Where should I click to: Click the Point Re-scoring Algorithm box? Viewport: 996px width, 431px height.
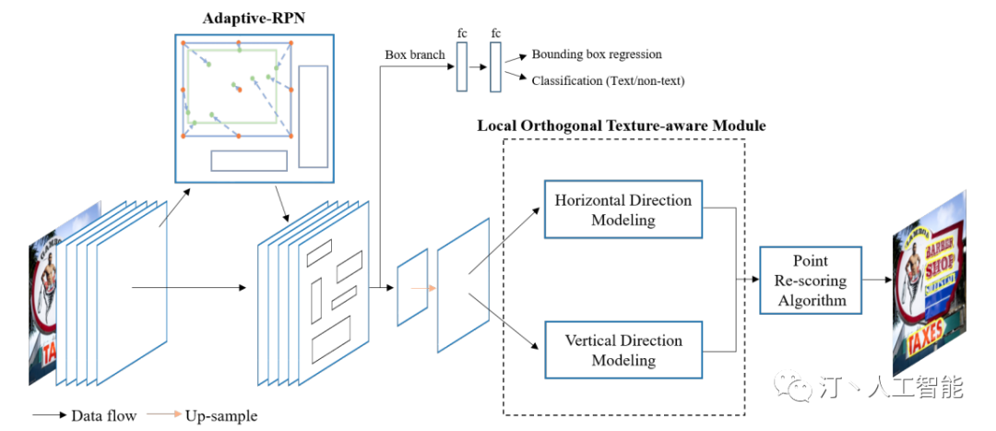coord(811,281)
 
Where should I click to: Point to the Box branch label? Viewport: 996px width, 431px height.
coord(414,54)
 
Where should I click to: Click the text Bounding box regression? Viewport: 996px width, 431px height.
coord(597,54)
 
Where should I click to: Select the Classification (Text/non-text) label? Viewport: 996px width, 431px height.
coord(608,81)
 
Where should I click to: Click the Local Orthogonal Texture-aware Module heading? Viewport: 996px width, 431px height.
coord(621,125)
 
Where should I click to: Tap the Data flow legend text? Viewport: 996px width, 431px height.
coord(103,416)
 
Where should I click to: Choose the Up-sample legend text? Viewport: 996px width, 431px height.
coord(221,416)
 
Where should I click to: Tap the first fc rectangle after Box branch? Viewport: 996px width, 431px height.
coord(462,66)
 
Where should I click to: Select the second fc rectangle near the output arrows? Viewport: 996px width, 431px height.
coord(496,66)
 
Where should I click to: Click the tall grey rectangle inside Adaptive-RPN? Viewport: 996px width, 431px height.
coord(314,116)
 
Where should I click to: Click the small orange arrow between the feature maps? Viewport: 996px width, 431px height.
coord(422,288)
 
